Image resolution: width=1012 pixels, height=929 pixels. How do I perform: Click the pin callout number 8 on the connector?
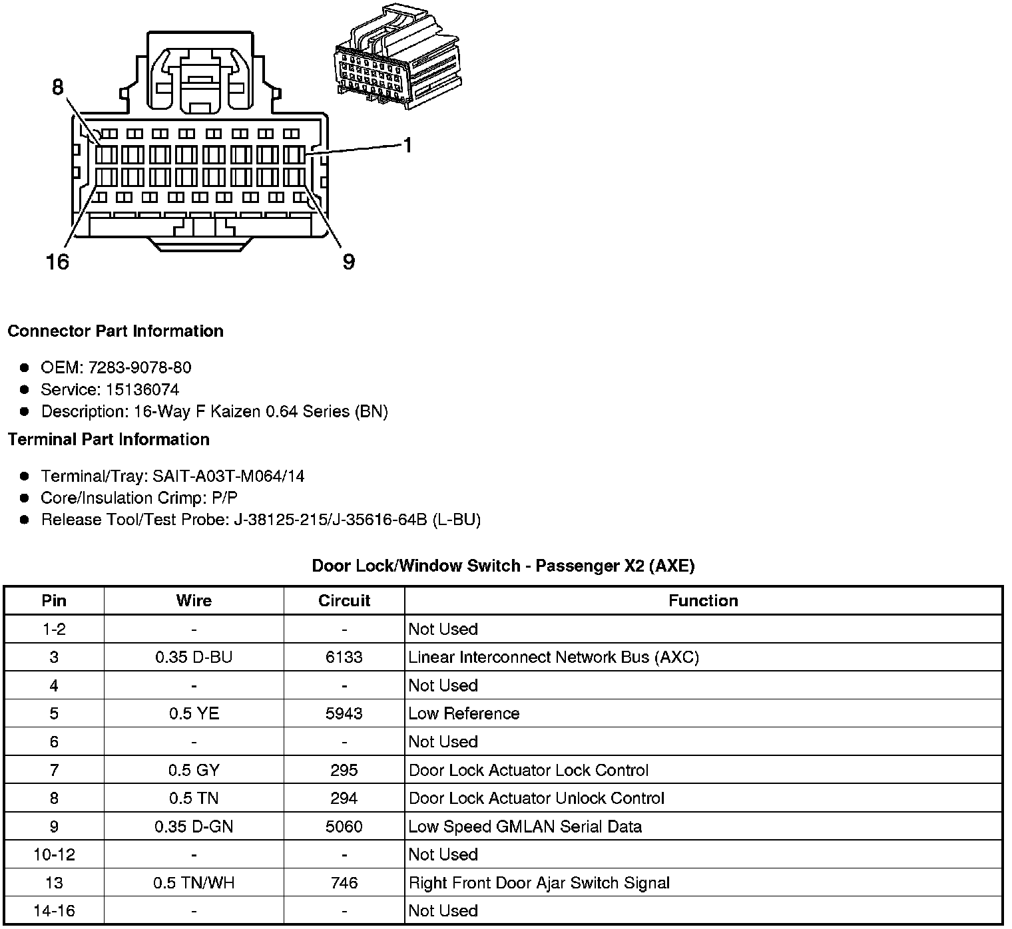click(x=58, y=87)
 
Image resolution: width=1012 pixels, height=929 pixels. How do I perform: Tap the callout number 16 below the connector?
click(x=57, y=262)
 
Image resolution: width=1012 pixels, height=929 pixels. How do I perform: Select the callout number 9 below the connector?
click(x=349, y=262)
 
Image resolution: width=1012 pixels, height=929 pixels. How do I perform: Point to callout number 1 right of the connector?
click(x=407, y=145)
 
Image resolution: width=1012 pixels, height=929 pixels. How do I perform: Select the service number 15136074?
click(x=142, y=389)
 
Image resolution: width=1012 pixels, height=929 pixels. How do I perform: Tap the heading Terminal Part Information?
click(x=109, y=439)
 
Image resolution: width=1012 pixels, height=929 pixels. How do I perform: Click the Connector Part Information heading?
click(x=115, y=331)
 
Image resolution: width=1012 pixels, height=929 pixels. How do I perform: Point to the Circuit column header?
click(x=344, y=600)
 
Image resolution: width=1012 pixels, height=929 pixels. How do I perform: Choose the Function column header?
click(x=703, y=600)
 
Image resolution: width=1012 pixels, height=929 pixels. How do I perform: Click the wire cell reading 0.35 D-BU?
click(x=194, y=657)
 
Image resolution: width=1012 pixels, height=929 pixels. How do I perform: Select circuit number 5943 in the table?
click(x=344, y=713)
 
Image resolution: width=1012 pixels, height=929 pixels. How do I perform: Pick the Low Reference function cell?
click(x=464, y=713)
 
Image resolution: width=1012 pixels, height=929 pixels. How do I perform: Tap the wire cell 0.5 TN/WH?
click(x=194, y=882)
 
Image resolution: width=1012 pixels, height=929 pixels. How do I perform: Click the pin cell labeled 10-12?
click(x=54, y=854)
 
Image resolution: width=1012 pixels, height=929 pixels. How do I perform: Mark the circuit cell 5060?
click(x=344, y=827)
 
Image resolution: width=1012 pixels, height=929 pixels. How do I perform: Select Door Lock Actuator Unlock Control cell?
click(x=537, y=798)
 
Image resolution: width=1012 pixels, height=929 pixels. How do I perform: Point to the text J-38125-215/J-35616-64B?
click(x=330, y=519)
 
